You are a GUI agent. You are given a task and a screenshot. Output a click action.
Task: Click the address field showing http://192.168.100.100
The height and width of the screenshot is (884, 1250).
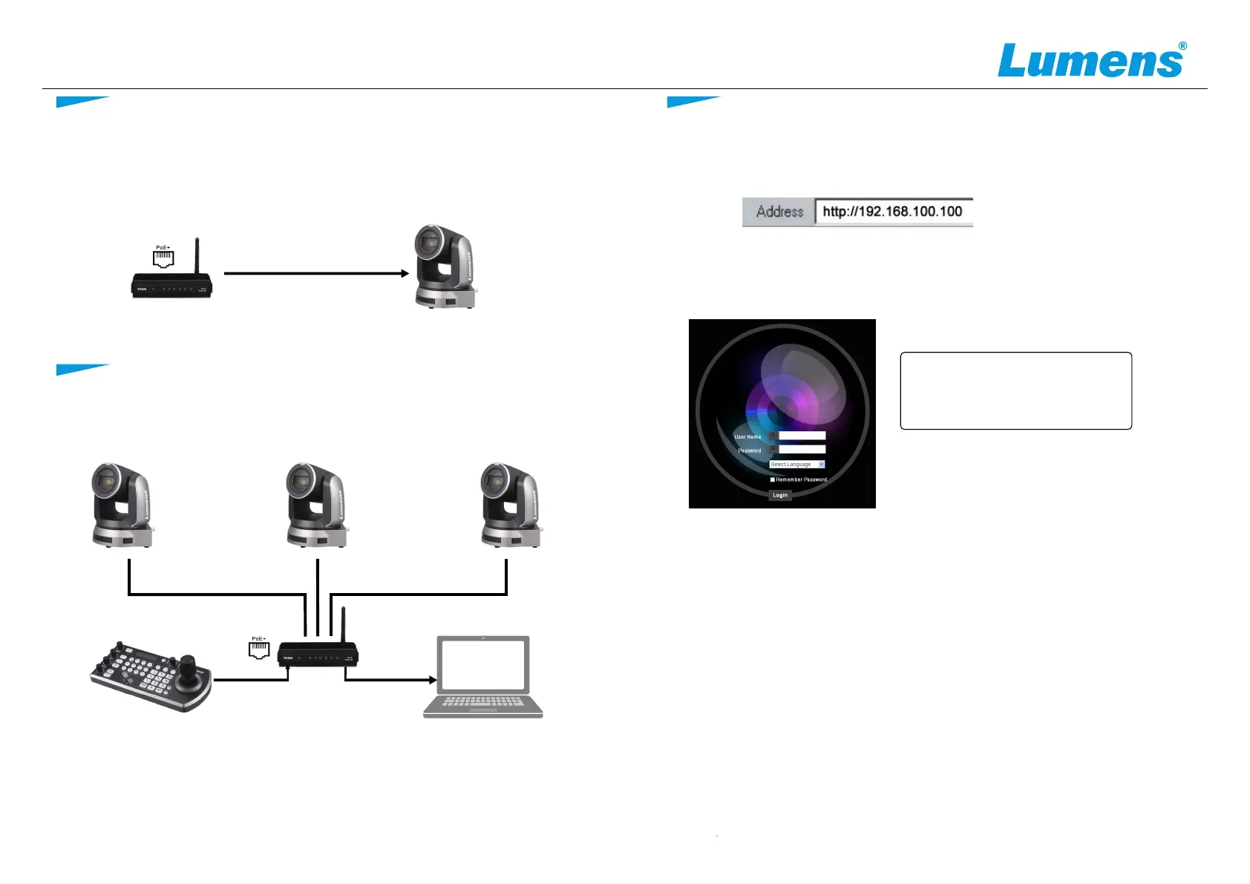pos(893,212)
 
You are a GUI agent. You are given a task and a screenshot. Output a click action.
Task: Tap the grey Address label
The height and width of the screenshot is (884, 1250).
pos(779,212)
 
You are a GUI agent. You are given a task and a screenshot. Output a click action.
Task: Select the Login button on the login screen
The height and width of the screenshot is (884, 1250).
pos(779,495)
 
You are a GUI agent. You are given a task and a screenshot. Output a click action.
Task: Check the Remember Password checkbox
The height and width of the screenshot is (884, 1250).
pos(772,479)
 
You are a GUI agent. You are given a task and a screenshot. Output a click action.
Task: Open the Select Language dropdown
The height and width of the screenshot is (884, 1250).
pos(796,464)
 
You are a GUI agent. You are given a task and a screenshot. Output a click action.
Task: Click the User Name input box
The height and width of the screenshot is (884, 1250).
pos(802,436)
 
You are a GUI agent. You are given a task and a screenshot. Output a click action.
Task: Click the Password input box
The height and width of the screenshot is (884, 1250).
pos(802,449)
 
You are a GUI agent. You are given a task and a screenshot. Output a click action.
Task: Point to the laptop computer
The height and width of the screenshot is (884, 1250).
pos(483,676)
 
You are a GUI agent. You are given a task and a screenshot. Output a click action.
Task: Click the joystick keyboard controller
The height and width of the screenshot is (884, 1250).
pos(151,675)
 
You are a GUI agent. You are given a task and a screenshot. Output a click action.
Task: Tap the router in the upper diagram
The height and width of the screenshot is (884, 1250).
pos(172,284)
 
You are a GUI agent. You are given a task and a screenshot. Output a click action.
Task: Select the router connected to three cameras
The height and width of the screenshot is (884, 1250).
pos(318,654)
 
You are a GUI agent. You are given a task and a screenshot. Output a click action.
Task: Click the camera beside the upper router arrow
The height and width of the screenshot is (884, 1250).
pos(445,266)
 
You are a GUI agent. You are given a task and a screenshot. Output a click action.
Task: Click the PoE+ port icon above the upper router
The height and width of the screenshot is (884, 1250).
pos(163,258)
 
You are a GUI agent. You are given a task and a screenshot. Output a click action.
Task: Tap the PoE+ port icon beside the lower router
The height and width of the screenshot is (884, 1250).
pos(258,649)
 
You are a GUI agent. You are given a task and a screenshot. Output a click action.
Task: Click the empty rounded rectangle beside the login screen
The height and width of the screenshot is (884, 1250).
pos(1015,390)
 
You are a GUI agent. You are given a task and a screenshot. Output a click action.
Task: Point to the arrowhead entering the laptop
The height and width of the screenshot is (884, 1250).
pos(432,679)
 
